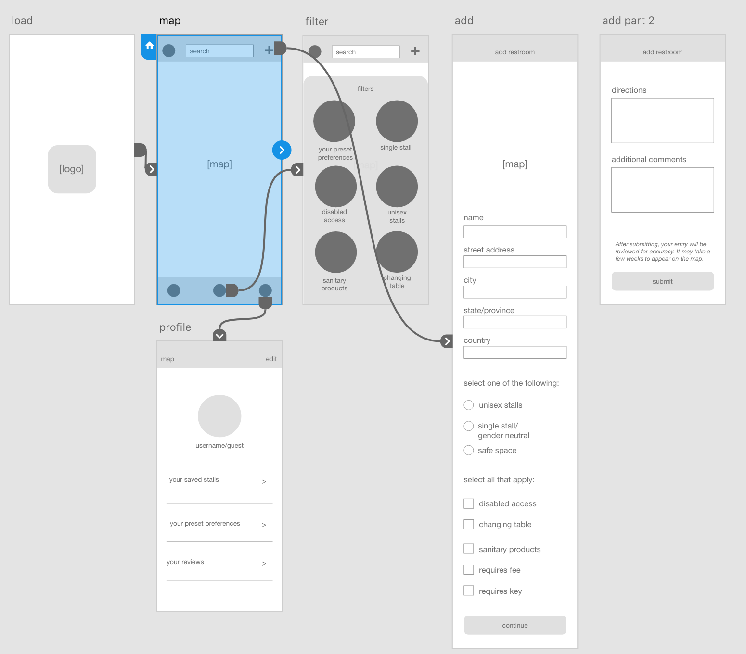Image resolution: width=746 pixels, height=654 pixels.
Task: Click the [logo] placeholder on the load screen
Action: click(x=72, y=169)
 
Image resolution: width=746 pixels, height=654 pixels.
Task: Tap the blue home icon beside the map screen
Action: click(x=149, y=46)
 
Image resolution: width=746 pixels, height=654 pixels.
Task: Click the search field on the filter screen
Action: click(x=366, y=52)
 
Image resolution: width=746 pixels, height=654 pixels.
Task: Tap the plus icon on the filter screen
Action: click(x=415, y=51)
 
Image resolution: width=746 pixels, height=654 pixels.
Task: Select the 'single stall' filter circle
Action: click(x=397, y=121)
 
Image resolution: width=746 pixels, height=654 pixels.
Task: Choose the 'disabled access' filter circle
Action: click(x=336, y=186)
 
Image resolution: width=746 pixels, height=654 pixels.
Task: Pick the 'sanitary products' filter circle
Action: click(x=336, y=252)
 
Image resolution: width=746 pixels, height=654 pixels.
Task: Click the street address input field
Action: click(x=515, y=262)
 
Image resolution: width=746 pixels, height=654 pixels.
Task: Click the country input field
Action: click(x=515, y=352)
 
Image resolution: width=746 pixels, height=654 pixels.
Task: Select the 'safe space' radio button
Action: click(x=468, y=450)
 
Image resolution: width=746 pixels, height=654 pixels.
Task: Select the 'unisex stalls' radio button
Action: click(x=468, y=405)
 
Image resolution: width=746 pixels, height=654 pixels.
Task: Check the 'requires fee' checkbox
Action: click(x=468, y=570)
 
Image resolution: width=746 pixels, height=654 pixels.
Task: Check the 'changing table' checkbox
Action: click(x=468, y=524)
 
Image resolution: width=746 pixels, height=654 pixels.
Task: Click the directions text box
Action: click(x=662, y=120)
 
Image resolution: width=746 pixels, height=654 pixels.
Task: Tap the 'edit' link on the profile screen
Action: click(x=271, y=359)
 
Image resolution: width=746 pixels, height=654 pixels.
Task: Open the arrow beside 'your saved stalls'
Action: click(x=264, y=481)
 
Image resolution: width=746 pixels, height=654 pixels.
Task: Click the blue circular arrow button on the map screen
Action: click(x=282, y=150)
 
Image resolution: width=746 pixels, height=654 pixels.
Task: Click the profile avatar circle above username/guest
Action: click(x=219, y=416)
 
